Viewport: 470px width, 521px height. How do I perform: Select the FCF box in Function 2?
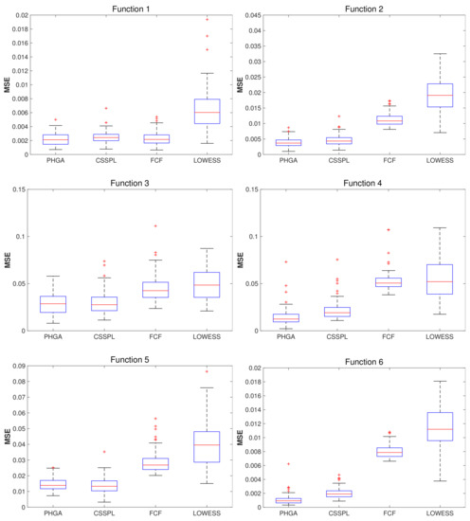(388, 120)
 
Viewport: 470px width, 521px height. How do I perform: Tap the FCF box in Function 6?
(388, 452)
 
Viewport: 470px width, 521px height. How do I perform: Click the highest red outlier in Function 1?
(208, 19)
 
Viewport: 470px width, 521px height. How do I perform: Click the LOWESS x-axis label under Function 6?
(439, 515)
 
